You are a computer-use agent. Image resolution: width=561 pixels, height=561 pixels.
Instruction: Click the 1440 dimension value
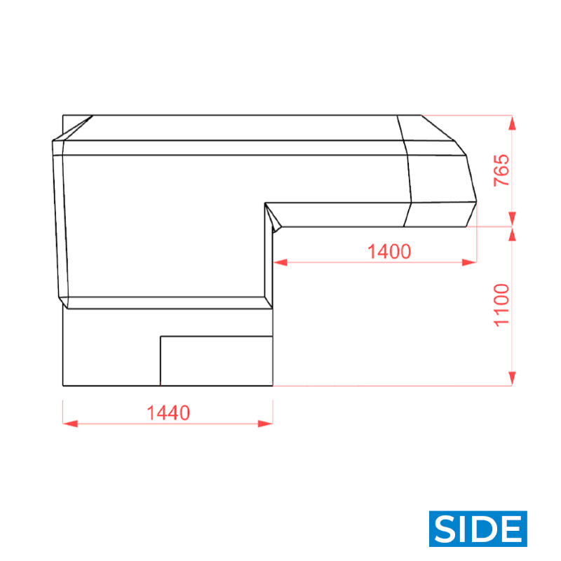point(168,413)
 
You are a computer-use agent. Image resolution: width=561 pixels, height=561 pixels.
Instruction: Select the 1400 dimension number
point(389,251)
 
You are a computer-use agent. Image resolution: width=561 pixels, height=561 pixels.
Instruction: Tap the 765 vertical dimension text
point(501,170)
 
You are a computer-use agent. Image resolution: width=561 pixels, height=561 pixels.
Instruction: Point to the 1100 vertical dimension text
point(501,305)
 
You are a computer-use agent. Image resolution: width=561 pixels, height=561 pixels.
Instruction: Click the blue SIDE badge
point(478,529)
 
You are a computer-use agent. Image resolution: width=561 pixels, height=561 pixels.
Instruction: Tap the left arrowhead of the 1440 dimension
point(70,424)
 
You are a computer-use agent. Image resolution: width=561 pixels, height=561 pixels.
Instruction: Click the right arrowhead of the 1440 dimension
point(266,424)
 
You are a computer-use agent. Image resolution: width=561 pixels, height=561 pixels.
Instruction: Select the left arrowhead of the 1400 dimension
point(280,262)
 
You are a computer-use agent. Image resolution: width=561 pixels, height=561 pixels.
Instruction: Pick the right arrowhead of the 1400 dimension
point(469,262)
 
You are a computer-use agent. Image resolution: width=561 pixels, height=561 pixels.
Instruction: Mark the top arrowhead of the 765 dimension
point(512,123)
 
